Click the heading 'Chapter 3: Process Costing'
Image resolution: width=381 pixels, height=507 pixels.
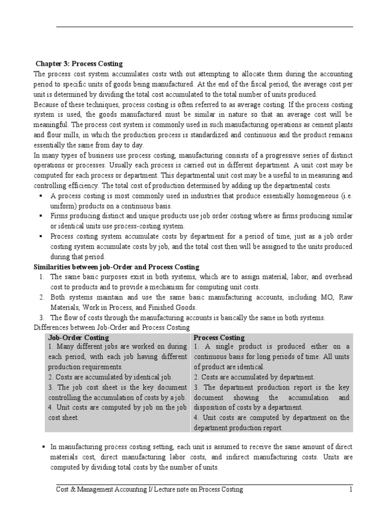(79, 64)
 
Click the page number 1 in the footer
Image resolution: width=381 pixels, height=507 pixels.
(350, 490)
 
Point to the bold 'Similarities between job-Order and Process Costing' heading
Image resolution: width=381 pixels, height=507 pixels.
(116, 267)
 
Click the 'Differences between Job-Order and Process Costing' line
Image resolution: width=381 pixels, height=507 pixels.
(111, 327)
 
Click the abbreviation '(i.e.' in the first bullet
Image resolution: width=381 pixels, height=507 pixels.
(344, 196)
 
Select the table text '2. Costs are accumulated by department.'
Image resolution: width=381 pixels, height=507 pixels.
(254, 377)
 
